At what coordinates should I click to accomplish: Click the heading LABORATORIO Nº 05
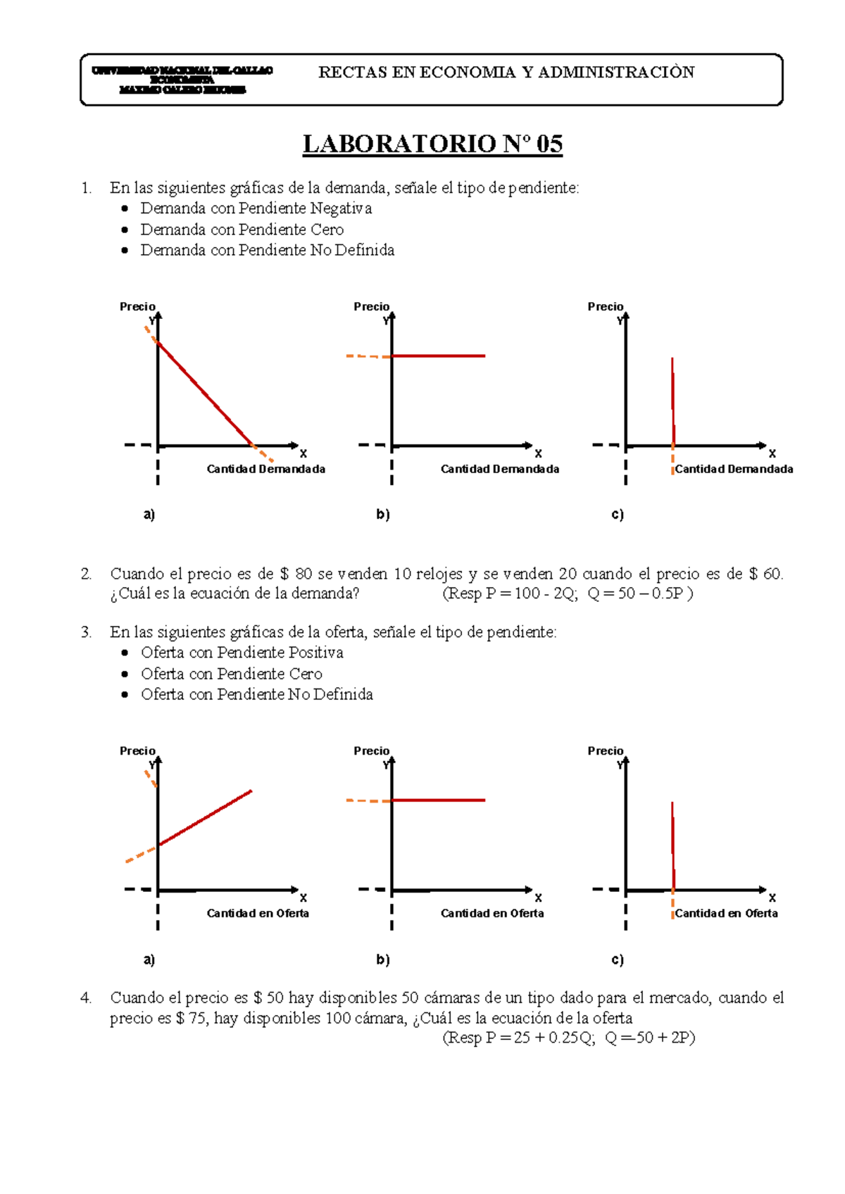click(x=432, y=144)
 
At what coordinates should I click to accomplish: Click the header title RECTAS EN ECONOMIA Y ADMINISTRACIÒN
click(x=506, y=72)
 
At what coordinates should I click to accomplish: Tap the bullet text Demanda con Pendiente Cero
click(x=242, y=230)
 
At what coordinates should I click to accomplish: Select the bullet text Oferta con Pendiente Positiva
click(x=242, y=653)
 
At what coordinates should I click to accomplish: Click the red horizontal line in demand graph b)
click(x=438, y=356)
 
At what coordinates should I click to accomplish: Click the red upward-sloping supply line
click(x=205, y=818)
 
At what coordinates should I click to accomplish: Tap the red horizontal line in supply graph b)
click(x=438, y=800)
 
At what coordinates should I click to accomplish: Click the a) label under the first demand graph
click(x=149, y=515)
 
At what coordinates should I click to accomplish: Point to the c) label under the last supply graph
click(x=618, y=960)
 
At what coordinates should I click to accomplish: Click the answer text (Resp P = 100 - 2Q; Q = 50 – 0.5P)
click(x=568, y=593)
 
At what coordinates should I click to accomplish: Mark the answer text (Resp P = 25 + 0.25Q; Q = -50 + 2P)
click(x=568, y=1038)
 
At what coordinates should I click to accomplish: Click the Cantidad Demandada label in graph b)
click(x=500, y=469)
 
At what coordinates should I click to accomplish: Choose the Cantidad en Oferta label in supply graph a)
click(x=258, y=913)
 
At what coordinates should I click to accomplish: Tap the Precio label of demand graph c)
click(x=606, y=307)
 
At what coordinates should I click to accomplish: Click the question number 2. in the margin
click(x=86, y=574)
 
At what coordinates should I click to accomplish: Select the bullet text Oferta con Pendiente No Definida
click(x=256, y=694)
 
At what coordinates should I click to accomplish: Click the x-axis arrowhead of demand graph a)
click(x=294, y=446)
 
